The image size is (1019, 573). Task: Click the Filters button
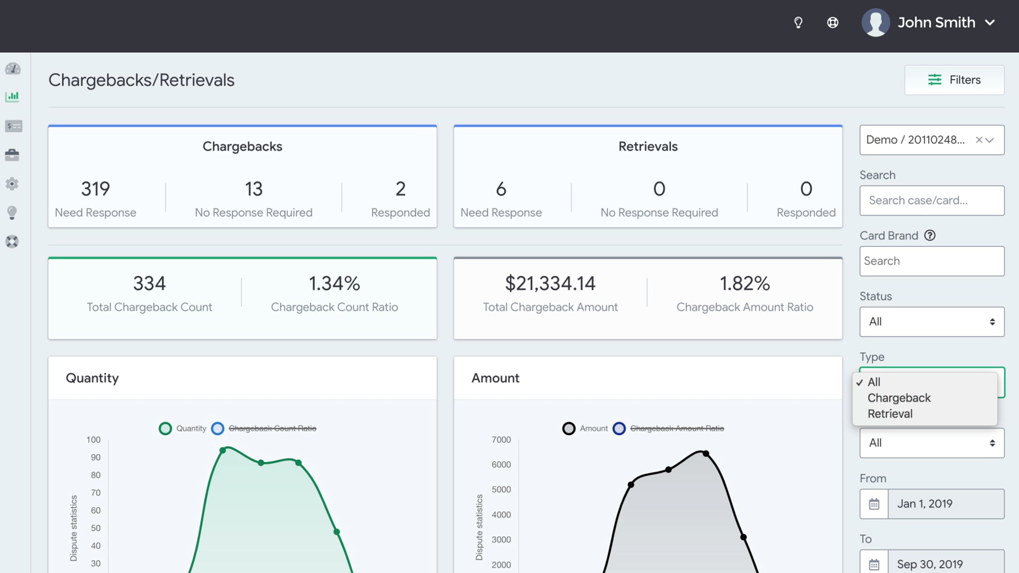(x=954, y=80)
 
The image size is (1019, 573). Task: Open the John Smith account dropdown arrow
(x=990, y=22)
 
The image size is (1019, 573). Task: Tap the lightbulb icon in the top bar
(x=798, y=22)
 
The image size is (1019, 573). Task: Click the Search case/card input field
(x=932, y=200)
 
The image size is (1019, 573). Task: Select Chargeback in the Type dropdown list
(x=899, y=398)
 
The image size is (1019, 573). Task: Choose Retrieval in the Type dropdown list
(x=890, y=413)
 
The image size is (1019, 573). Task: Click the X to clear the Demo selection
(x=979, y=140)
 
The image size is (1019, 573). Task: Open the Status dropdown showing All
(x=932, y=322)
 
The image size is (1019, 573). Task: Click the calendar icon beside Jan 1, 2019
(x=874, y=504)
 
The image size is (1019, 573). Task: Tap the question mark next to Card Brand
(x=930, y=235)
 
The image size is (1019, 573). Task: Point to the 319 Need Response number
(x=96, y=189)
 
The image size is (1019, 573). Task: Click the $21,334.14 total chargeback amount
(x=550, y=284)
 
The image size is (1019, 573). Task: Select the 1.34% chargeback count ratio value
(x=334, y=284)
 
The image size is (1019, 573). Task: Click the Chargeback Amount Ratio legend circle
(x=619, y=428)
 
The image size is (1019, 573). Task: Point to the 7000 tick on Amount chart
(x=501, y=440)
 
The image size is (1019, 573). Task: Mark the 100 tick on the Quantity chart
(x=93, y=440)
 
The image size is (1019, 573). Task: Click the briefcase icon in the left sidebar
(x=12, y=155)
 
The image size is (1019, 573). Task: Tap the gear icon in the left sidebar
(x=12, y=184)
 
